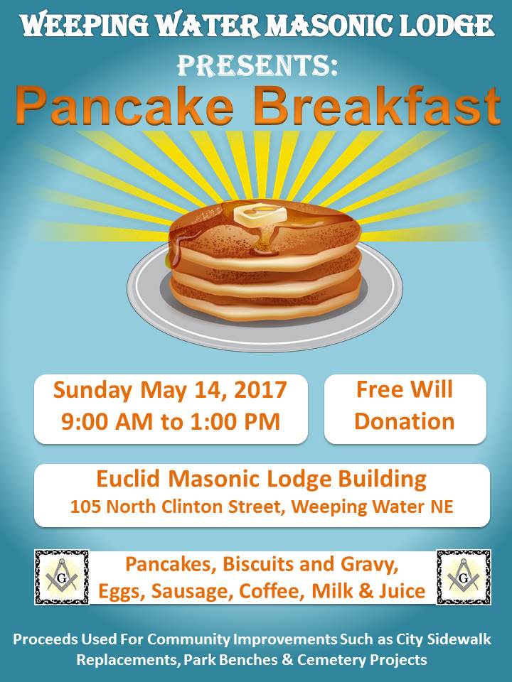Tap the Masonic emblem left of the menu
coord(62,577)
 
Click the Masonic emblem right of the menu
coord(464,577)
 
